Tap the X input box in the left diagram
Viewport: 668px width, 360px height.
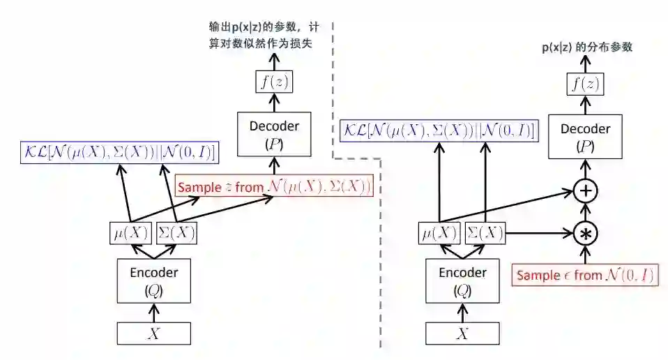point(154,333)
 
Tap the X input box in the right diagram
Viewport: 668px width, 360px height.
point(462,333)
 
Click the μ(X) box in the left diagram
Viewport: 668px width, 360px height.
point(131,232)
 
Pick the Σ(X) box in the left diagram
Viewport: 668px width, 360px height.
point(176,232)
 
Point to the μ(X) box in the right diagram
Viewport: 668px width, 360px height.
point(439,232)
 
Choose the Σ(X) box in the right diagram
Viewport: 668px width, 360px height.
point(484,232)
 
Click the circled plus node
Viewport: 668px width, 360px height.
point(585,190)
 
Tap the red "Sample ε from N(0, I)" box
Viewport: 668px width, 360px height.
point(585,275)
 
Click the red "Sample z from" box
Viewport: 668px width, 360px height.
point(274,187)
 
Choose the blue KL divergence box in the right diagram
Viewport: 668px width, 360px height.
point(438,130)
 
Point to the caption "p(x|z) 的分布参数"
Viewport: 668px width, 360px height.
point(587,47)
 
